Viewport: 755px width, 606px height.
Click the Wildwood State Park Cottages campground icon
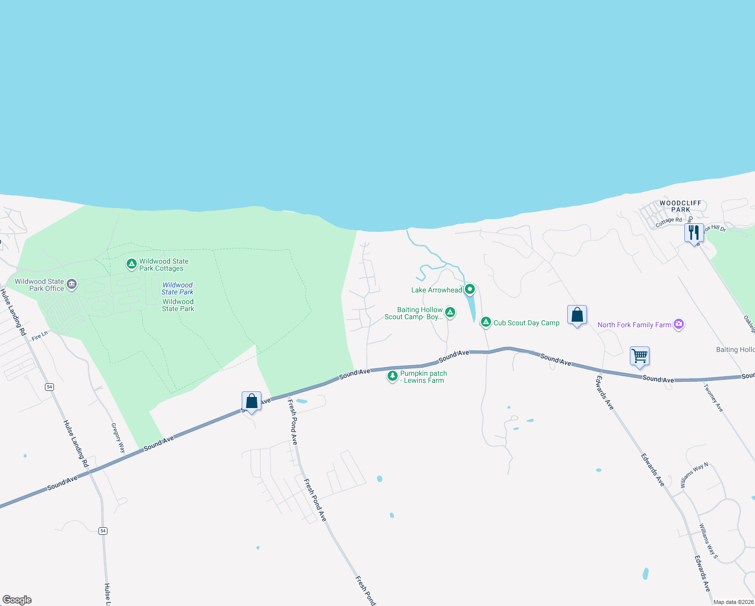pyautogui.click(x=131, y=264)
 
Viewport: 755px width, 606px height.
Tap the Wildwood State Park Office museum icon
pyautogui.click(x=72, y=284)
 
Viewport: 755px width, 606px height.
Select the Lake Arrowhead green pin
pyautogui.click(x=470, y=289)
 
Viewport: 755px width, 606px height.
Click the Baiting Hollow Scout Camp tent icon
pyautogui.click(x=450, y=312)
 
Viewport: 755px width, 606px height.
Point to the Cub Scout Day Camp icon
pyautogui.click(x=486, y=322)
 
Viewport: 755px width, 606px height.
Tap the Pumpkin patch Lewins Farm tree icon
pyautogui.click(x=392, y=376)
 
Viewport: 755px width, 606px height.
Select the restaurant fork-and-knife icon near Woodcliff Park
pyautogui.click(x=694, y=232)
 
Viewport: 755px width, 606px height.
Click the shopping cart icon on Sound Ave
pyautogui.click(x=639, y=356)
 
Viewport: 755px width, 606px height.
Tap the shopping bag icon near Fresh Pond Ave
pyautogui.click(x=251, y=401)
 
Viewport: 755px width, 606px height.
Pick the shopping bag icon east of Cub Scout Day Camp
pyautogui.click(x=577, y=315)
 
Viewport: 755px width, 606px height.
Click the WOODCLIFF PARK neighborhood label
pyautogui.click(x=680, y=206)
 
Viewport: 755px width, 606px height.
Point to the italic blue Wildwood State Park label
pyautogui.click(x=178, y=288)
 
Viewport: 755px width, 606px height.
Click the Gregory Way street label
pyautogui.click(x=118, y=438)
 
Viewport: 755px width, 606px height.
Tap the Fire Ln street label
pyautogui.click(x=39, y=336)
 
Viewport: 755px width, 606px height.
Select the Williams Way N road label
pyautogui.click(x=694, y=475)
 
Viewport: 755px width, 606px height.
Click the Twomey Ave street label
pyautogui.click(x=713, y=398)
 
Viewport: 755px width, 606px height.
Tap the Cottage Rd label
pyautogui.click(x=668, y=221)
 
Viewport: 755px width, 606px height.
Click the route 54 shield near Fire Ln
pyautogui.click(x=49, y=387)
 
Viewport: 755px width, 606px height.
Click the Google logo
pyautogui.click(x=17, y=600)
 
